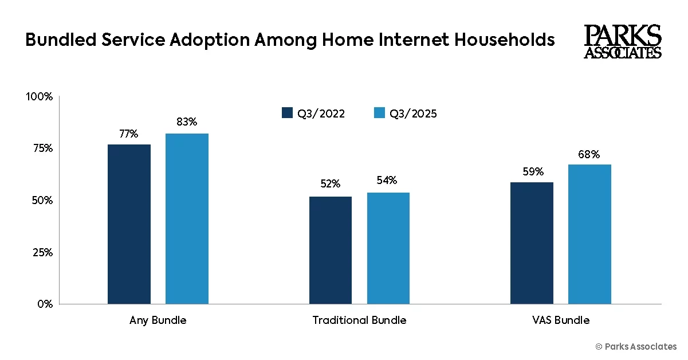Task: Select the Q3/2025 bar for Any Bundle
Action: coord(187,218)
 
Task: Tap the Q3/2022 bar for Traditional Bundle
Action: coord(331,250)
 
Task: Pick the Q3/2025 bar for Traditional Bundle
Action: coord(388,248)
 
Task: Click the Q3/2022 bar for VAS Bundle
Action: coord(532,243)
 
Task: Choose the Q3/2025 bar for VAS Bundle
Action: coord(589,234)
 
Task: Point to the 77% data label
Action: coord(129,134)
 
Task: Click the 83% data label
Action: coord(187,122)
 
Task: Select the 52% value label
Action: coord(331,184)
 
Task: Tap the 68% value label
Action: coord(589,155)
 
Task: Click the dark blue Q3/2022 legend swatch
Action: coord(287,113)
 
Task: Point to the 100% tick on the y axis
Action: coord(40,97)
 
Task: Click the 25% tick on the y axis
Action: coord(42,252)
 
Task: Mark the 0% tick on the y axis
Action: coord(45,304)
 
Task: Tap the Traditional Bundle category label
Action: coord(359,320)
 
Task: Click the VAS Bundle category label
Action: coord(560,320)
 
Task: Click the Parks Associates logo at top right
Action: coord(623,41)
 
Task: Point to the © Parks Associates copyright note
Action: coord(636,347)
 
